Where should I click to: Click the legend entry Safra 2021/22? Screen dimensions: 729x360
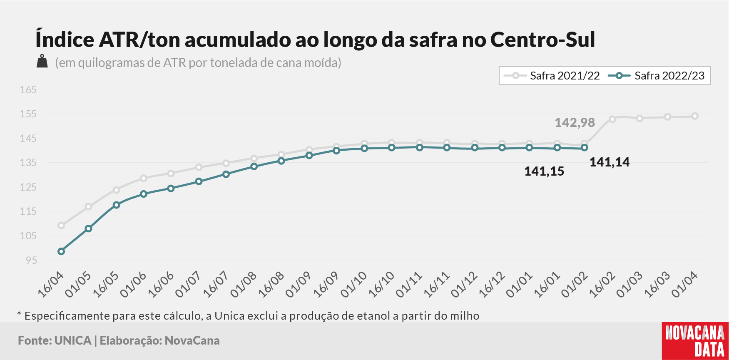pyautogui.click(x=552, y=76)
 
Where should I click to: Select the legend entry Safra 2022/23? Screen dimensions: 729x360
pyautogui.click(x=657, y=76)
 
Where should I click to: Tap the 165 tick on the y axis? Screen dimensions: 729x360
pyautogui.click(x=28, y=90)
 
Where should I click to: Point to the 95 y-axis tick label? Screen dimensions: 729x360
pyautogui.click(x=31, y=260)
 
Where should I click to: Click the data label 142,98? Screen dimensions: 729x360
pyautogui.click(x=575, y=122)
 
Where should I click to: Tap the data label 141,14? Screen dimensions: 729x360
pyautogui.click(x=610, y=162)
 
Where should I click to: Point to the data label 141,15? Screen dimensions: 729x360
pyautogui.click(x=544, y=171)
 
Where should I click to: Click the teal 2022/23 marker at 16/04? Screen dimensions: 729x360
pyautogui.click(x=61, y=251)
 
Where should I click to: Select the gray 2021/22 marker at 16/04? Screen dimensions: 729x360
pyautogui.click(x=61, y=226)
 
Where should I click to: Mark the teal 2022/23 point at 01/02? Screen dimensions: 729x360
pyautogui.click(x=585, y=148)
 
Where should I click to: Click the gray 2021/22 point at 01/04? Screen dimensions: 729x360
pyautogui.click(x=695, y=116)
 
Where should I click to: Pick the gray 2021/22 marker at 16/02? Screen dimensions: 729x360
pyautogui.click(x=612, y=119)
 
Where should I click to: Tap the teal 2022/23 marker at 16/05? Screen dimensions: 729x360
pyautogui.click(x=116, y=205)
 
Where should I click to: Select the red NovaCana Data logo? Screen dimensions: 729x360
pyautogui.click(x=695, y=341)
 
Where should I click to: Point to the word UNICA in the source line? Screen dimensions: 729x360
pyautogui.click(x=73, y=340)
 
